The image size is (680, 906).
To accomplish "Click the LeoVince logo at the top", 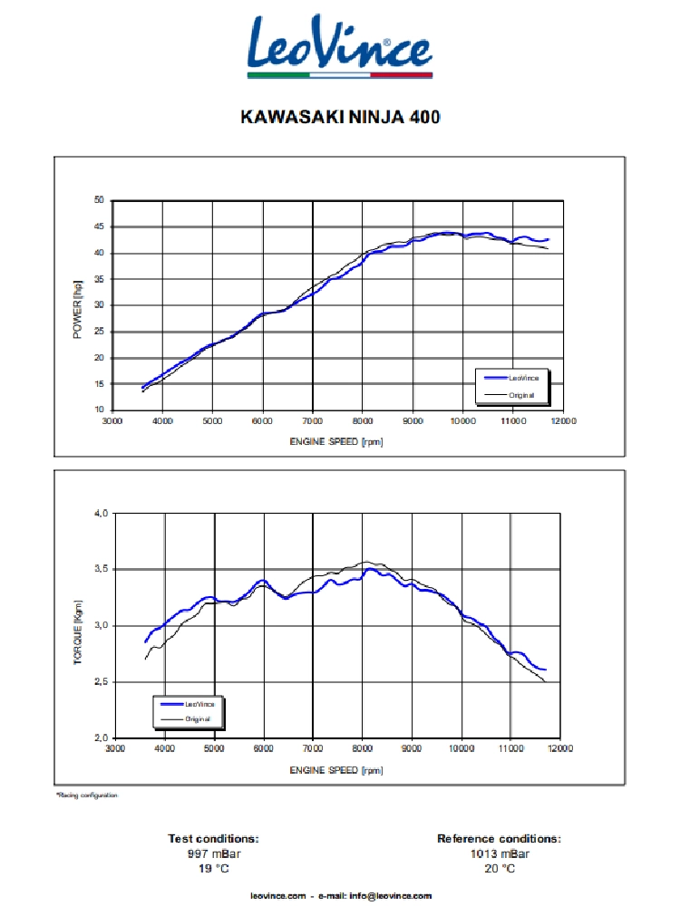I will point(340,46).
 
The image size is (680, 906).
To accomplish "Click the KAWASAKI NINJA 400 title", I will point(340,117).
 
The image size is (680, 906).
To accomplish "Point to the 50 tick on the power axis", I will point(99,200).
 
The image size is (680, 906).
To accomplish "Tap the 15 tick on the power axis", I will point(99,384).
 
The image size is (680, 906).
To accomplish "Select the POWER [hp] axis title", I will point(77,310).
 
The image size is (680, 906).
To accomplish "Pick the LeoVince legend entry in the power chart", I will point(522,378).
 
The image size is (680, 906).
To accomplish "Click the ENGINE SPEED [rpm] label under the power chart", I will point(336,441).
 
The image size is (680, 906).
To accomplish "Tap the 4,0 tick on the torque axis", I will point(100,514).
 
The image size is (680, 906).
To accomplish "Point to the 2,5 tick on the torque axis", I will point(100,681).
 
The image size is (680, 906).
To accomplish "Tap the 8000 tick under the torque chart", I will point(363,749).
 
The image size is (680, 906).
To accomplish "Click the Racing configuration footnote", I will point(87,795).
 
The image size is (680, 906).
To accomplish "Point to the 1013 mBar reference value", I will point(499,853).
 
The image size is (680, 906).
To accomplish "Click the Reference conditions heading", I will point(499,839).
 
